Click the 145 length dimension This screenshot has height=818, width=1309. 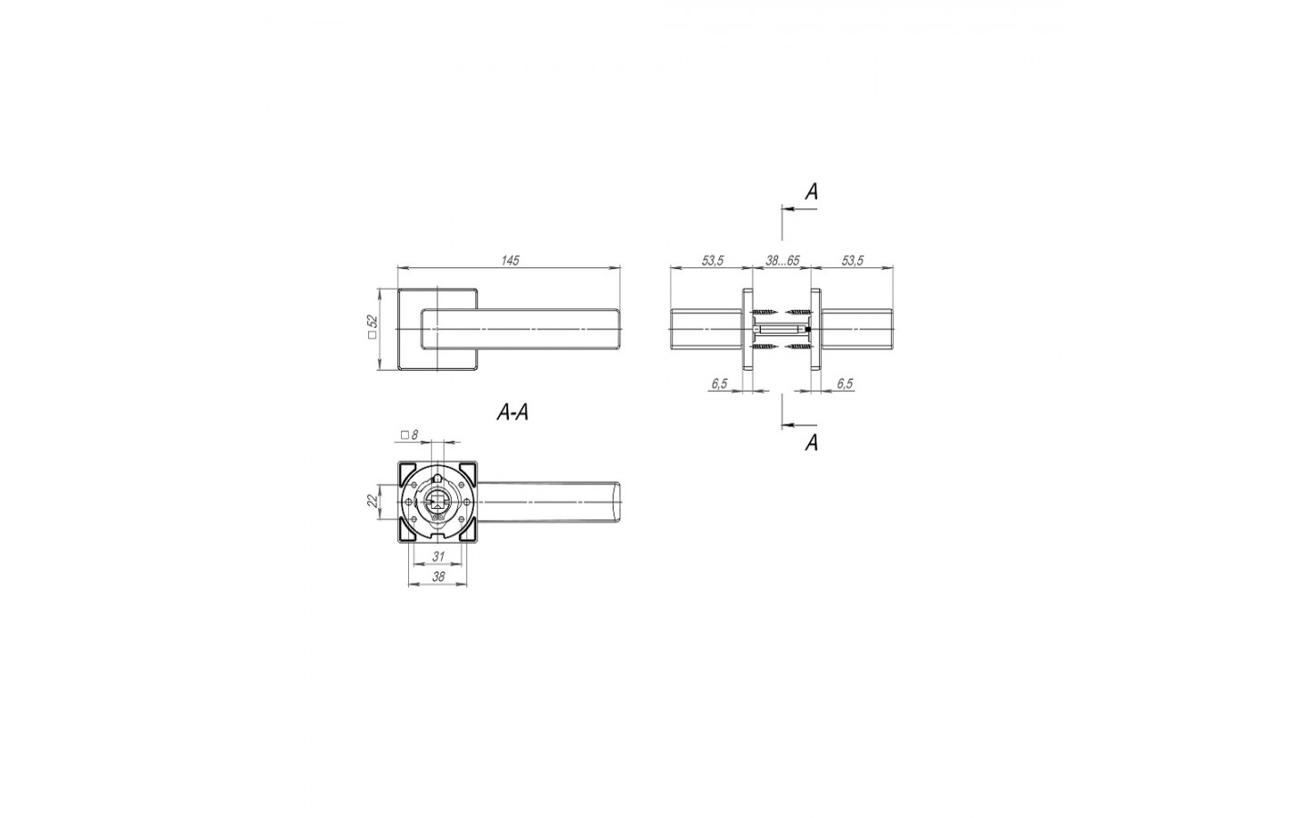pyautogui.click(x=510, y=260)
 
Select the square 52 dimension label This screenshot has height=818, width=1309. pyautogui.click(x=373, y=328)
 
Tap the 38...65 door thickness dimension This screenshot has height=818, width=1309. pyautogui.click(x=782, y=261)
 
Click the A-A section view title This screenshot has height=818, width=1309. pyautogui.click(x=513, y=413)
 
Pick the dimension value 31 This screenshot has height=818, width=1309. pyautogui.click(x=438, y=557)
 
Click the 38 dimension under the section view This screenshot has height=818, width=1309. pyautogui.click(x=438, y=576)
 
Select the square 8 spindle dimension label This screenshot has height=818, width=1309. pyautogui.click(x=409, y=434)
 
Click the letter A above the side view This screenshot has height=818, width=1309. pyautogui.click(x=811, y=191)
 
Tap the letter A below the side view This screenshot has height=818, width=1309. pyautogui.click(x=811, y=443)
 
